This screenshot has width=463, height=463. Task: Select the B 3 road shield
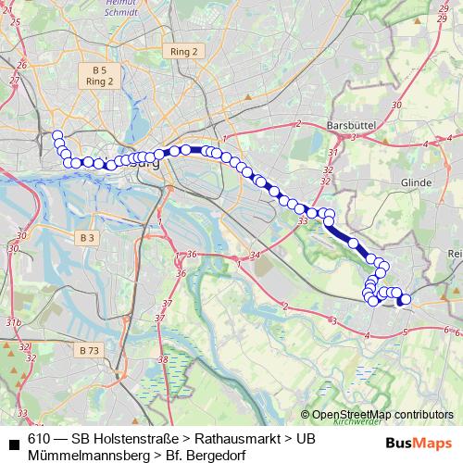pyautogui.click(x=87, y=238)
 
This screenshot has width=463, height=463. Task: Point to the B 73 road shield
pyautogui.click(x=89, y=350)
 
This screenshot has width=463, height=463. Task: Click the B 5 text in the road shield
pyautogui.click(x=99, y=70)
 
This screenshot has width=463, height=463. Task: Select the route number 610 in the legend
pyautogui.click(x=39, y=438)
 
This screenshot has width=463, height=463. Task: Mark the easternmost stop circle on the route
pyautogui.click(x=405, y=299)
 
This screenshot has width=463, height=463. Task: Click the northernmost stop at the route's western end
pyautogui.click(x=56, y=135)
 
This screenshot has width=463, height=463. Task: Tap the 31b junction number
pyautogui.click(x=13, y=322)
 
